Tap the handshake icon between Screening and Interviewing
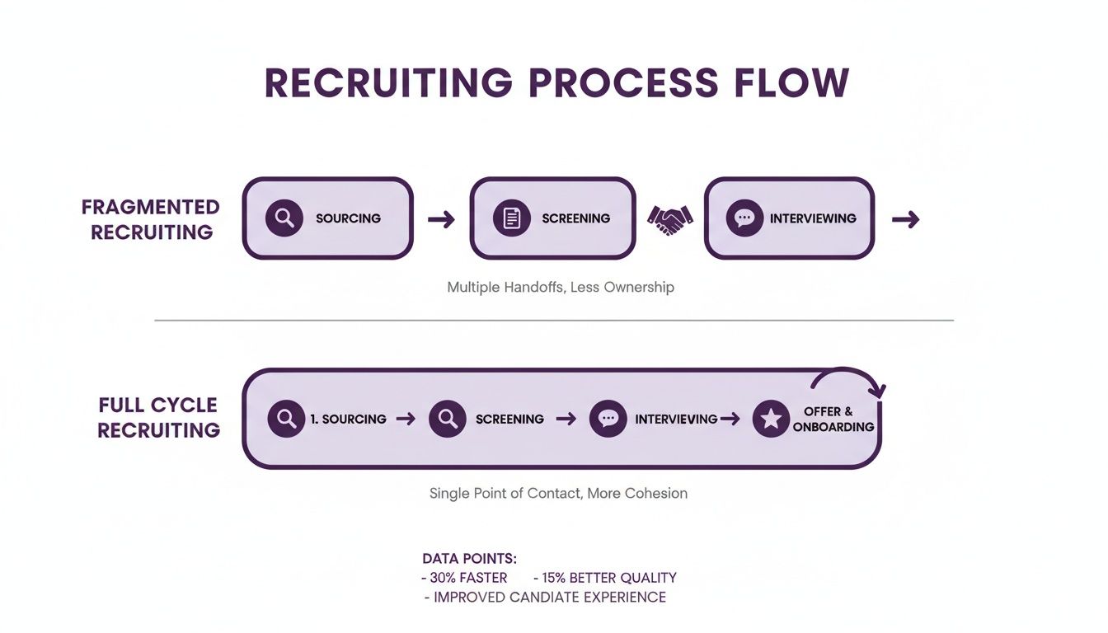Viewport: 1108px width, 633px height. tap(669, 218)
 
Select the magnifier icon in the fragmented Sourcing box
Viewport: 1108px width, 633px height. tap(284, 218)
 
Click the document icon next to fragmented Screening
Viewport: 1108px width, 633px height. tap(511, 218)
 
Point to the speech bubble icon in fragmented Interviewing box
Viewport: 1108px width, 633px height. tap(744, 218)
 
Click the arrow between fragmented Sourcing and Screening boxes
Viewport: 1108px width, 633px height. tap(441, 219)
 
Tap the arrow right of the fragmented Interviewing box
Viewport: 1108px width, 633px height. tap(905, 219)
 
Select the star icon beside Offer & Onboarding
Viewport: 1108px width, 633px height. tap(771, 419)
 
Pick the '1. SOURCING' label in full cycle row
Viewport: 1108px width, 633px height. tap(348, 419)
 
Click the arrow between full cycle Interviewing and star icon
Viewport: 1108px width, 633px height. tap(730, 419)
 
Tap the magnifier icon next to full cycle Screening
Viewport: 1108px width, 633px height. tap(448, 419)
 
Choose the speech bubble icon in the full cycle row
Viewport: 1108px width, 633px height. tap(608, 419)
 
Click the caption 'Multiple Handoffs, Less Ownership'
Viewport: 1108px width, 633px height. tap(561, 288)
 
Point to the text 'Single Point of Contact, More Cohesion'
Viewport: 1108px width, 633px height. tap(558, 494)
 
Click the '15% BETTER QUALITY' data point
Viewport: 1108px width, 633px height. tap(605, 578)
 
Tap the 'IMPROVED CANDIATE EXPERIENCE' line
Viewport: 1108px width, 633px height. tap(545, 598)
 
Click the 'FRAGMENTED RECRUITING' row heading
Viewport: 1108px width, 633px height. tap(151, 219)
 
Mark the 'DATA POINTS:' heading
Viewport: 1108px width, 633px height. tap(469, 559)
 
